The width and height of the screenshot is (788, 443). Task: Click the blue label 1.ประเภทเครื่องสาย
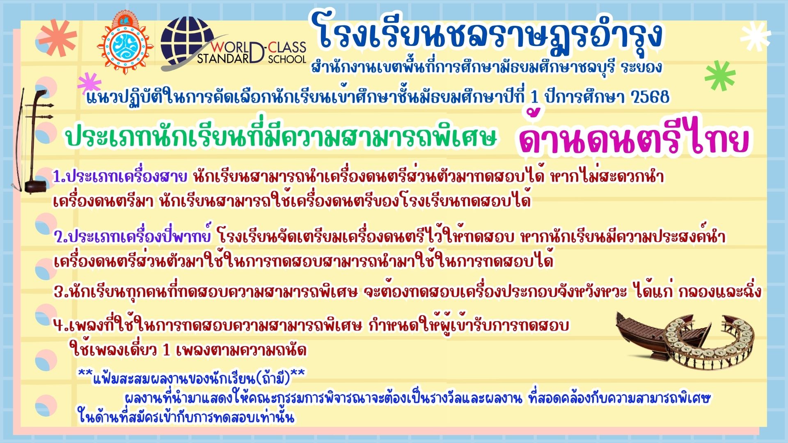120,177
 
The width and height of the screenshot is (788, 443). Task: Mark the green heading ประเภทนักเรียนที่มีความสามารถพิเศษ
282,138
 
